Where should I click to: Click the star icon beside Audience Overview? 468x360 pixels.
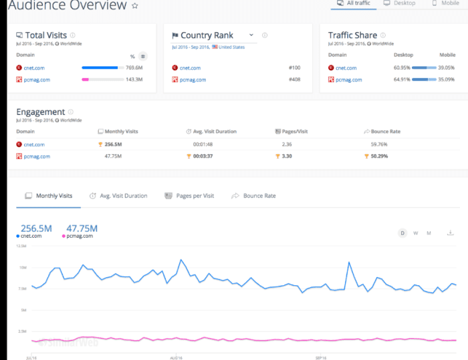[134, 6]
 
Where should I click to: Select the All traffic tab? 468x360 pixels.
[354, 3]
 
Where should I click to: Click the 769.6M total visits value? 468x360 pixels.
[135, 67]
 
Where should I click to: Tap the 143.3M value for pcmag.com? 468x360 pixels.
[135, 79]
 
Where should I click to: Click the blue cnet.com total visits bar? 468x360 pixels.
[100, 67]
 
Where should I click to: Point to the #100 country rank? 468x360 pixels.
[295, 67]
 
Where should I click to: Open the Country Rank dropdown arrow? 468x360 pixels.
[251, 35]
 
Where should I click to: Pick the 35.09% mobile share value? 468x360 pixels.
[446, 79]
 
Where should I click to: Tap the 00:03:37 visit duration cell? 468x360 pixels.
[204, 156]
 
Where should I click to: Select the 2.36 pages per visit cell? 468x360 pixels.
[287, 144]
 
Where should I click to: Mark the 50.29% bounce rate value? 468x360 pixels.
[378, 156]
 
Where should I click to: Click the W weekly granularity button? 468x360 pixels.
[415, 233]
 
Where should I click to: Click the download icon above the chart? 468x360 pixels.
[450, 232]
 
